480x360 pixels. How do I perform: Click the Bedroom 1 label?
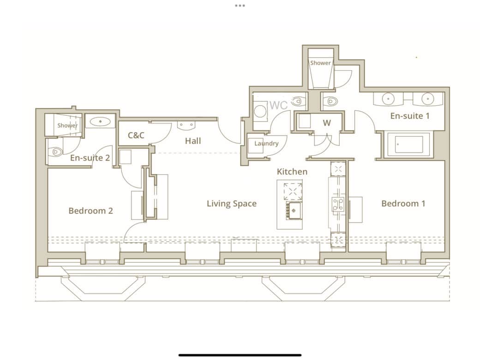403,204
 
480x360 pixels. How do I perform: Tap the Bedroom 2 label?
90,210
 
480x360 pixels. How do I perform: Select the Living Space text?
232,204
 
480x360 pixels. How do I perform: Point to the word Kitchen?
292,171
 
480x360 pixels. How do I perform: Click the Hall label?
193,141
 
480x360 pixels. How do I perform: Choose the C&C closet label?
136,135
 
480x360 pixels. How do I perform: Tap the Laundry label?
266,143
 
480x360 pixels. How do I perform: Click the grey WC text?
279,105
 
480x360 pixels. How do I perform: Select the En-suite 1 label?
410,116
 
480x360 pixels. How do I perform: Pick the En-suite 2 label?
90,158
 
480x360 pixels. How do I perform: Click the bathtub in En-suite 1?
408,144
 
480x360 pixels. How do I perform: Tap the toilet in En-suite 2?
55,151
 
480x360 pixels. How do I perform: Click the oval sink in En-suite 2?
100,121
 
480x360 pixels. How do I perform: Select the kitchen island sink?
294,210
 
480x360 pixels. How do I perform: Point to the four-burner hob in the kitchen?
338,204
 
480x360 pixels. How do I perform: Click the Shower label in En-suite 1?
320,63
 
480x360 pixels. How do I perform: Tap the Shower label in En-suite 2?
67,126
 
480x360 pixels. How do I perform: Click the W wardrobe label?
327,123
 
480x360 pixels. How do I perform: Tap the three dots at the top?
240,6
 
